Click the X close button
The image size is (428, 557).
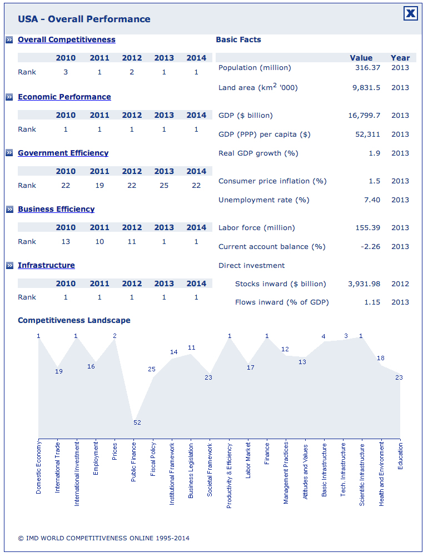point(410,13)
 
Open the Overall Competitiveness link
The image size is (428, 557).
point(66,39)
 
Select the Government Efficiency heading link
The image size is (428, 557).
point(63,153)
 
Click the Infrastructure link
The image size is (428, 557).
point(46,265)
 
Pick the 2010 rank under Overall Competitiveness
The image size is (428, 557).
point(66,72)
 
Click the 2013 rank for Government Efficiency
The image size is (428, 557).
point(164,186)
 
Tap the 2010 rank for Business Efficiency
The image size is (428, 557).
point(66,242)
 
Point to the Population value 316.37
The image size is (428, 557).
point(367,67)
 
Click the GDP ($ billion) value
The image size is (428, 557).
point(364,116)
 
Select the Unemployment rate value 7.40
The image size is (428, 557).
point(372,200)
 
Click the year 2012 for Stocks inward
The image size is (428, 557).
point(400,284)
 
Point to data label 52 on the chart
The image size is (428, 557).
point(137,422)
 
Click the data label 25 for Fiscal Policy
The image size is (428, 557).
point(152,369)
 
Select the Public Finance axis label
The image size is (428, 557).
point(133,462)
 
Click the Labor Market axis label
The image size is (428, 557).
point(248,460)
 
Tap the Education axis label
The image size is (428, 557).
point(400,456)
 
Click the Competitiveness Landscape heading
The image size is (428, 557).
point(74,320)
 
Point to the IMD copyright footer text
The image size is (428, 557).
point(104,538)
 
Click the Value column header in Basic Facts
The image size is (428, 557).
point(361,58)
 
